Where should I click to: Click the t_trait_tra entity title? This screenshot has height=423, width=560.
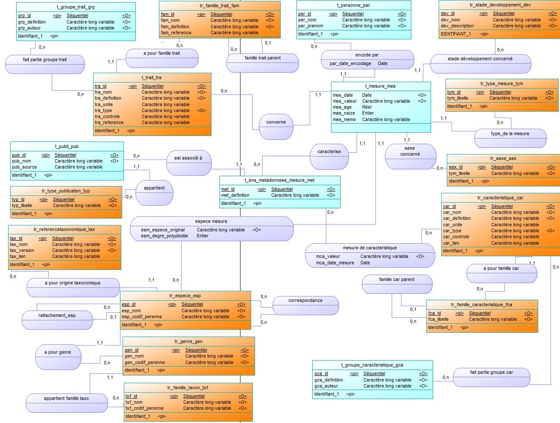152,78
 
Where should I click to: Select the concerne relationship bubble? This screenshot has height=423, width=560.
276,127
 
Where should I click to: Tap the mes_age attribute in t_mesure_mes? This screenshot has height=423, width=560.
342,107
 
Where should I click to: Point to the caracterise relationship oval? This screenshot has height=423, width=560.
329,157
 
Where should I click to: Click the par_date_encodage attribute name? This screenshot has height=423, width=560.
350,64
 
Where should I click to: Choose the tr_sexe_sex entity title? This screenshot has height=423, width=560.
503,158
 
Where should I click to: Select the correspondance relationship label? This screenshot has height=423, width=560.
305,301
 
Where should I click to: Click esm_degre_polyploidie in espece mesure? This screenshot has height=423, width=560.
164,236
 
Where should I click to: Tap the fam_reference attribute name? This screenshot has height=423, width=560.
176,33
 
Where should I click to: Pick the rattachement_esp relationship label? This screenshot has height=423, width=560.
57,316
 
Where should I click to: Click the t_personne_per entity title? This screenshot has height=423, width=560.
353,6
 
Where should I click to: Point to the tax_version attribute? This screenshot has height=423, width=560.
22,251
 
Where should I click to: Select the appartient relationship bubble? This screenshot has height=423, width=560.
154,193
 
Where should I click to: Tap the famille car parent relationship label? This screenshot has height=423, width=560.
397,279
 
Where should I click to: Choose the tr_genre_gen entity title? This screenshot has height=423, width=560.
188,341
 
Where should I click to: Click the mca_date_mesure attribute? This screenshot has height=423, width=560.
335,263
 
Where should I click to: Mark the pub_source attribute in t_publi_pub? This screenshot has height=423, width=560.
24,167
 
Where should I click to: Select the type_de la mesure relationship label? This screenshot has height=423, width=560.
510,133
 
